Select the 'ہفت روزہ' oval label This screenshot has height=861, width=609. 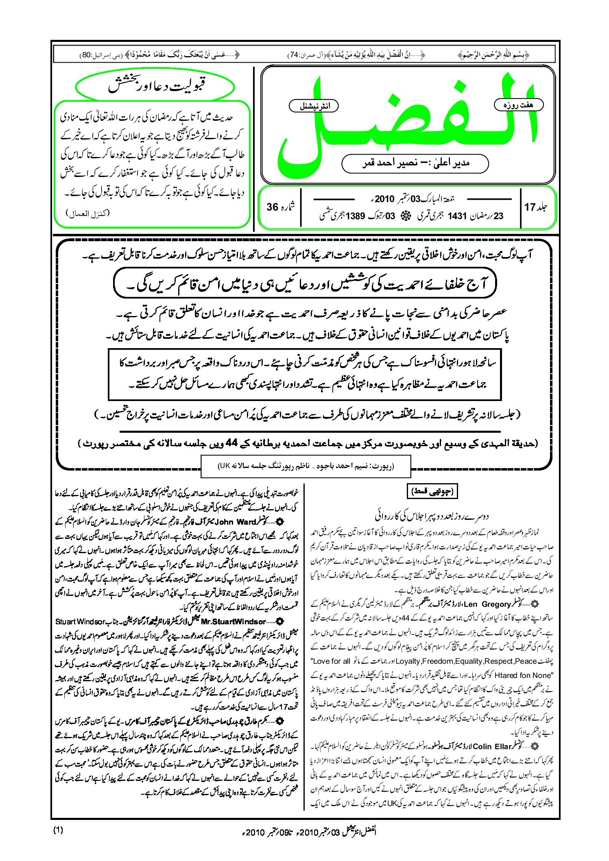point(518,105)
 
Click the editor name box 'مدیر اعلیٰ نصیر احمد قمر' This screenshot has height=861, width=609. point(415,163)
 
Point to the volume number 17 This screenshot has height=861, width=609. point(529,207)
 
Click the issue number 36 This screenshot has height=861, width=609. point(272,207)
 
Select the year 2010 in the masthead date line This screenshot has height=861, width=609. point(384,199)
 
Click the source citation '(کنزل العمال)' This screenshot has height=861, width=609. point(88,213)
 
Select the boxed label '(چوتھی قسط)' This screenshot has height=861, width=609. point(432,491)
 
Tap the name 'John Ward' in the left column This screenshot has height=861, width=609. point(235,521)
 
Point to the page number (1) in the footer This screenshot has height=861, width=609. point(58,830)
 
